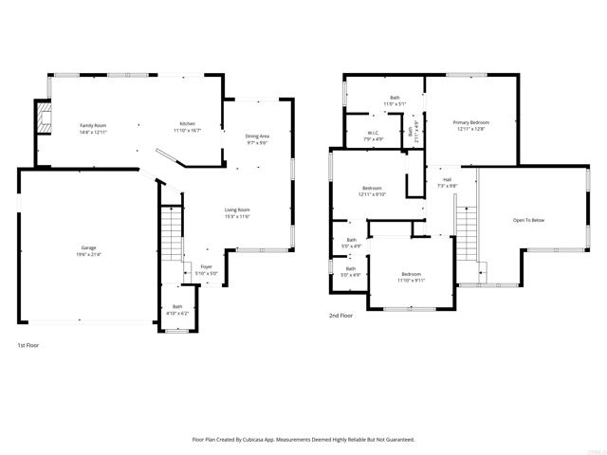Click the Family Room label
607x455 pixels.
click(93, 125)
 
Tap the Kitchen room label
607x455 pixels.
click(188, 125)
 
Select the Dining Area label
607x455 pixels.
click(257, 136)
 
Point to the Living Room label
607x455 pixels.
click(236, 209)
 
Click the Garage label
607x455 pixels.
click(88, 247)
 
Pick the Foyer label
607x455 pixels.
click(207, 267)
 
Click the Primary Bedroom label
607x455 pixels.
click(470, 122)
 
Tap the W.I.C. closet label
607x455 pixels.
click(374, 133)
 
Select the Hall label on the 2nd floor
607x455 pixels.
click(446, 179)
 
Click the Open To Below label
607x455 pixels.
click(528, 220)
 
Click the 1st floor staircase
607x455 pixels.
click(171, 236)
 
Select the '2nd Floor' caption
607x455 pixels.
click(340, 315)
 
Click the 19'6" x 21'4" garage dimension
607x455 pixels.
click(88, 254)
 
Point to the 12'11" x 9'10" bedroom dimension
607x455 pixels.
click(371, 194)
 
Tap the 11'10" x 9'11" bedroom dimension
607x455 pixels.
click(411, 281)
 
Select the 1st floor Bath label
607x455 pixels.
click(177, 306)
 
